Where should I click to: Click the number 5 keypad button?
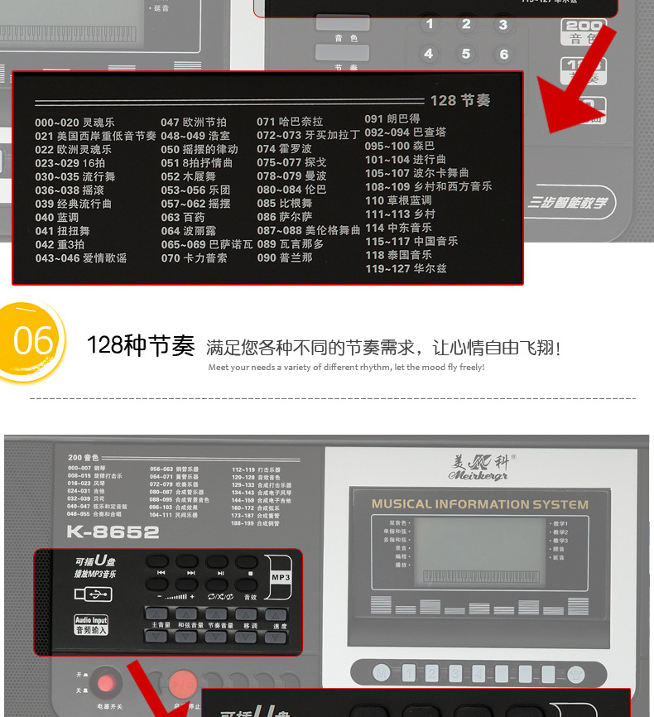click(x=466, y=54)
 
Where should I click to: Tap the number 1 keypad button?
click(x=429, y=24)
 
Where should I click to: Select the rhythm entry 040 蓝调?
click(x=57, y=217)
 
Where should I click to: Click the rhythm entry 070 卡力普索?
click(x=194, y=257)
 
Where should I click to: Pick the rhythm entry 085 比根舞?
click(x=284, y=204)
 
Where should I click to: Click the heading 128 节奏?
click(x=460, y=100)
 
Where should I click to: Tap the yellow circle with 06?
click(x=32, y=340)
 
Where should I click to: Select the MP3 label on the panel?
click(x=281, y=576)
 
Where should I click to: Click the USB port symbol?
click(x=93, y=594)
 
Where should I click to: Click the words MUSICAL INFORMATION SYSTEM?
click(x=479, y=504)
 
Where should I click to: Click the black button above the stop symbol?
click(x=250, y=561)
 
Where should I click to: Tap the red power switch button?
click(x=104, y=684)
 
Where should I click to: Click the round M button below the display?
click(x=380, y=673)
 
